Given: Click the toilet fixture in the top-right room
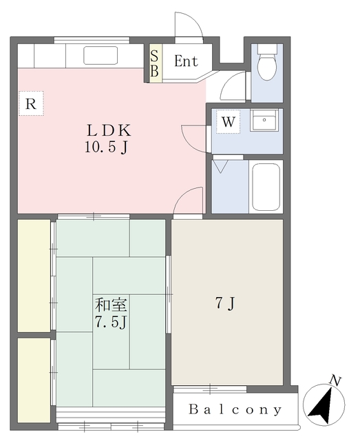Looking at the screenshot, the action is pyautogui.click(x=266, y=63).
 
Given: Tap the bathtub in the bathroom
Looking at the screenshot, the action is pyautogui.click(x=266, y=187).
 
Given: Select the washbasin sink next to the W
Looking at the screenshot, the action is pyautogui.click(x=264, y=120).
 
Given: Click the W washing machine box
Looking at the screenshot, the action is pyautogui.click(x=229, y=121).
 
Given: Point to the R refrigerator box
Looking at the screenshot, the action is pyautogui.click(x=31, y=103).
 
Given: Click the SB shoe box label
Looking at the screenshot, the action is pyautogui.click(x=154, y=63).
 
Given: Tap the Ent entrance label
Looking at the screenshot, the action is pyautogui.click(x=186, y=61).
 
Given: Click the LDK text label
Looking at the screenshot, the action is pyautogui.click(x=109, y=130).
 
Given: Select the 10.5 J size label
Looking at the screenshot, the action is pyautogui.click(x=107, y=147).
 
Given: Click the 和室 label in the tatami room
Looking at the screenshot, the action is pyautogui.click(x=111, y=305).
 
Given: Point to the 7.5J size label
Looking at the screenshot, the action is pyautogui.click(x=111, y=322).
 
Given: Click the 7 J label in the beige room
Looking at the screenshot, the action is pyautogui.click(x=225, y=303).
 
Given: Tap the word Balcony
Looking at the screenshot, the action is pyautogui.click(x=235, y=409).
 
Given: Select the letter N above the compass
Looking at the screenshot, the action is pyautogui.click(x=335, y=381).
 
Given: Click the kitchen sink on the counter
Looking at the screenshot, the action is pyautogui.click(x=100, y=55).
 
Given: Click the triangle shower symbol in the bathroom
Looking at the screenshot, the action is pyautogui.click(x=220, y=166).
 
